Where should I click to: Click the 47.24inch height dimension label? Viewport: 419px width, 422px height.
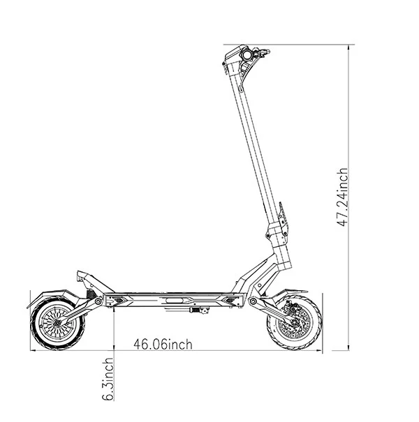(343, 197)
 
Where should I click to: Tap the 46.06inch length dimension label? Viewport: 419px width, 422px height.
(163, 345)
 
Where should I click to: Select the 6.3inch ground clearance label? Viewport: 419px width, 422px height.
(108, 379)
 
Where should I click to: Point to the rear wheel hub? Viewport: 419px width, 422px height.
(57, 323)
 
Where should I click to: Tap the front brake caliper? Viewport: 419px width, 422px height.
(293, 308)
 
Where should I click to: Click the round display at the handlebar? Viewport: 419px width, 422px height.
(247, 55)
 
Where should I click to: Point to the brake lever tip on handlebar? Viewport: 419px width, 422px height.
(267, 51)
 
